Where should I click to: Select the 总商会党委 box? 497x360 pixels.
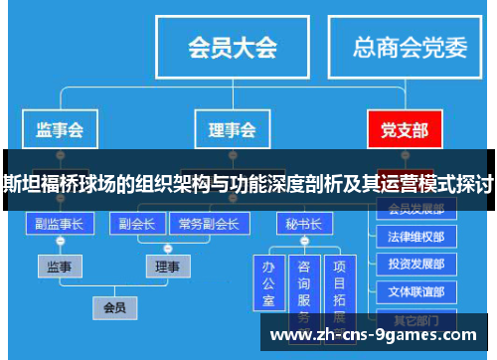pos(410,47)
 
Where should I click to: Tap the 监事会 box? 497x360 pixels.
pos(59,129)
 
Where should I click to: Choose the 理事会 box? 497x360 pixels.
pos(232,129)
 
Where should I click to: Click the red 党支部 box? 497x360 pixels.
pos(405,129)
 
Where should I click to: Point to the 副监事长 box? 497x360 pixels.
pos(60,224)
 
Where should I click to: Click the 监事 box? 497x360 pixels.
pos(60,266)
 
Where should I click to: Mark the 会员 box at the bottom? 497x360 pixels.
pos(114,307)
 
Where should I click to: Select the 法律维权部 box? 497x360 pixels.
pos(416,238)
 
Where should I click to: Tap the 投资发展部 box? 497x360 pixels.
pos(416,265)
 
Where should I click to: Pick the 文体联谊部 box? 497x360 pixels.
pos(416,292)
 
